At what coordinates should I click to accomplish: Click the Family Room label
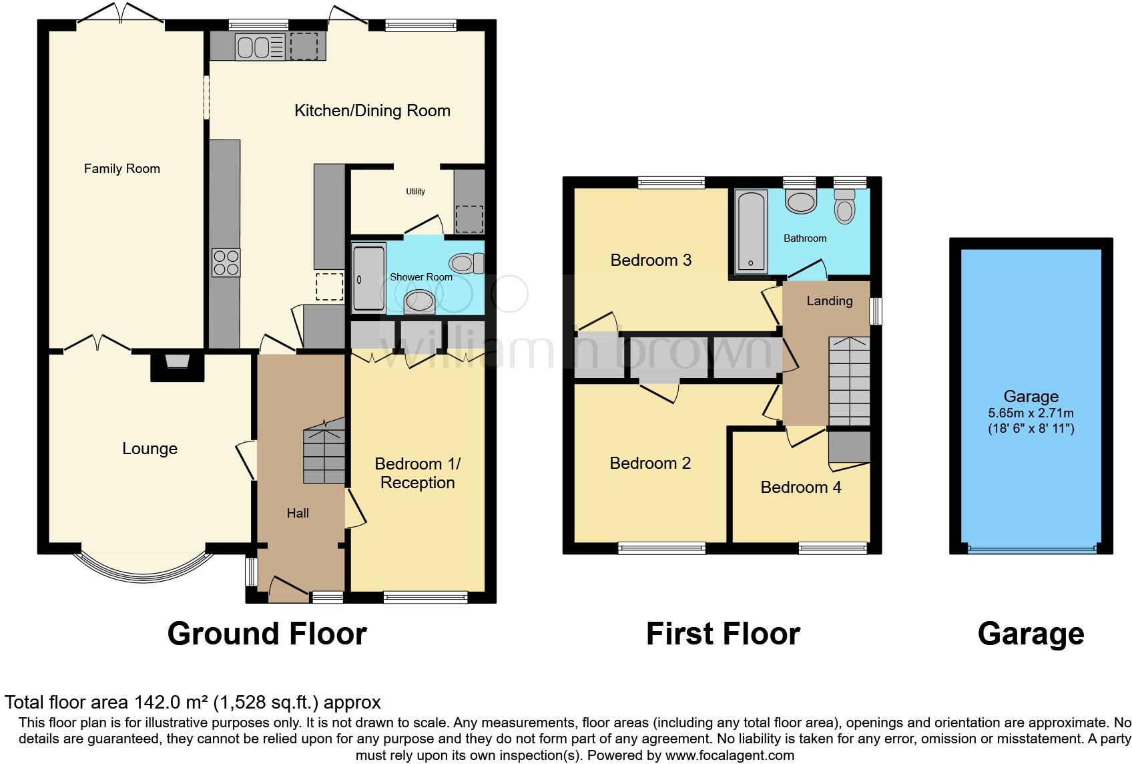click(x=121, y=169)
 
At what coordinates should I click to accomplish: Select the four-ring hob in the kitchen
click(x=226, y=262)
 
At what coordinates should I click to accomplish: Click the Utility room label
click(x=415, y=192)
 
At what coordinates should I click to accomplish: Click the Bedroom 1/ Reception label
click(x=417, y=473)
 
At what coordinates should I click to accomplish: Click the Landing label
click(x=829, y=301)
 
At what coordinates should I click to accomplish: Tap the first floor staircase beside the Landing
click(x=849, y=381)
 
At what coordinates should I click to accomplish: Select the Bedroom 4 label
click(x=800, y=488)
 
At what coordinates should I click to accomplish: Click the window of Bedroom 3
click(x=671, y=182)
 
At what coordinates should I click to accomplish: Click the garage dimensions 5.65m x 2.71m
click(x=1031, y=413)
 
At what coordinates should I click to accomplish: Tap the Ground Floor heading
click(x=266, y=634)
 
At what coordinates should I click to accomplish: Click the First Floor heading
click(x=723, y=634)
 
